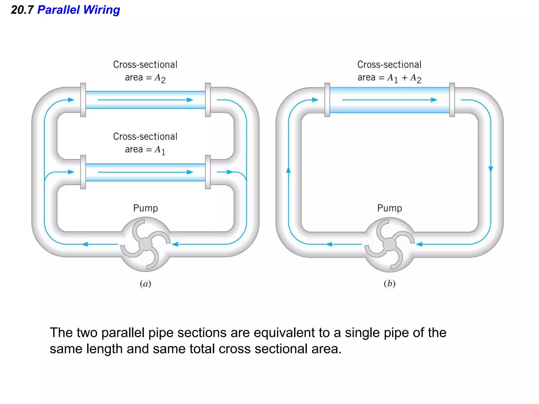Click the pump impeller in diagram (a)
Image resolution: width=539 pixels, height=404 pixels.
(145, 244)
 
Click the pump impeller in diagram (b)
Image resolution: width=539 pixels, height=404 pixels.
(390, 244)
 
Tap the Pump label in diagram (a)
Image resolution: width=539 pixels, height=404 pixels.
(145, 208)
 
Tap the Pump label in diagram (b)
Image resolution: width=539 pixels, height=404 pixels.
(390, 208)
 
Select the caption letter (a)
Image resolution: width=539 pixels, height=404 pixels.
(145, 284)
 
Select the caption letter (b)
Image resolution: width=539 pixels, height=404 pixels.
(390, 284)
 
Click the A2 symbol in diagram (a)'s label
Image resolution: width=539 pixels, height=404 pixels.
(160, 78)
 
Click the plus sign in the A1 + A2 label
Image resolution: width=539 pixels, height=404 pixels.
(405, 78)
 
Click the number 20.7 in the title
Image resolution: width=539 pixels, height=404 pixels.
(22, 10)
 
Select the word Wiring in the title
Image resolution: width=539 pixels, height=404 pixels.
(102, 10)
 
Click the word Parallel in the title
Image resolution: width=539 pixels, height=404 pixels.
(58, 10)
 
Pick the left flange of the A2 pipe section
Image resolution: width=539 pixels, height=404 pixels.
(83, 100)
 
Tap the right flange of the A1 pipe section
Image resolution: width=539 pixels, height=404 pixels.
(208, 172)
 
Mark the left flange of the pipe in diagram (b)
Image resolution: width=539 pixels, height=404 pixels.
(327, 100)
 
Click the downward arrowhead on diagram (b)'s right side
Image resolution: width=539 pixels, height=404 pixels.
(491, 169)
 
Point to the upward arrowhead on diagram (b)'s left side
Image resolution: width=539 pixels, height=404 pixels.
(288, 170)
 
